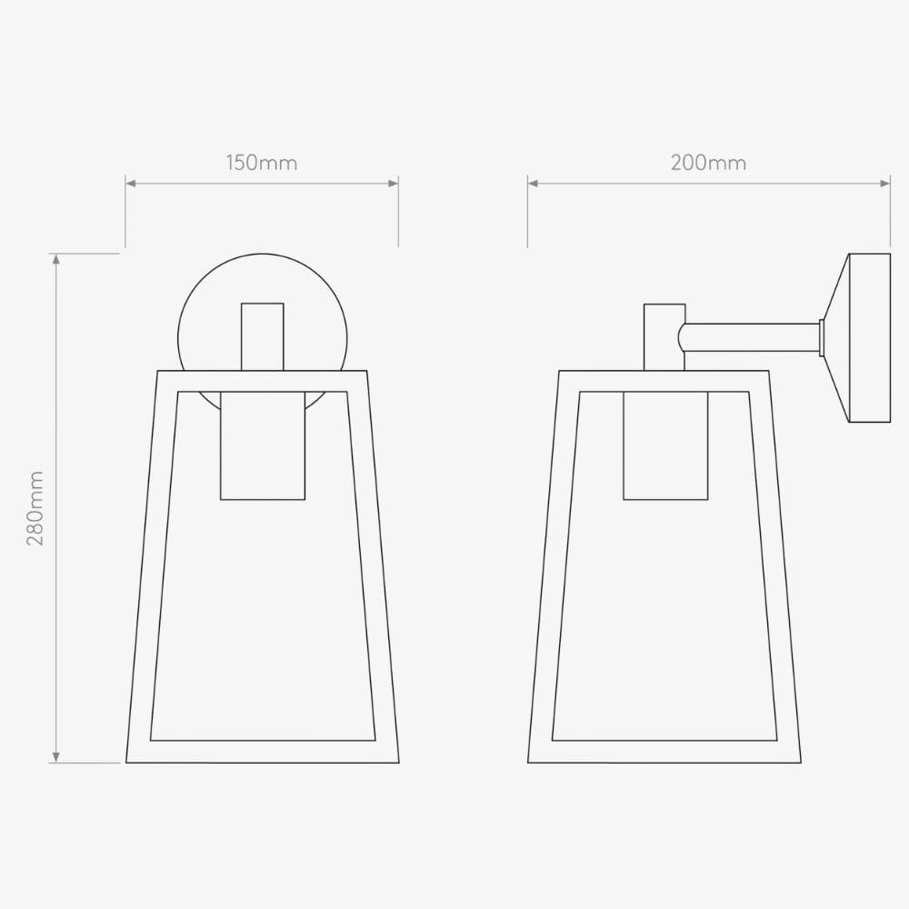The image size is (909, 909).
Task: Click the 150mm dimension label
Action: tap(262, 164)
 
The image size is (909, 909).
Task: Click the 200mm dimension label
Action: tap(708, 164)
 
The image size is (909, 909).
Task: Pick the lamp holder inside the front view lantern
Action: tap(263, 445)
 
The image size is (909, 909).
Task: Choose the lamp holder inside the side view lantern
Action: tap(664, 445)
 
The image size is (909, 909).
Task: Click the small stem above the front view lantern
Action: tap(263, 336)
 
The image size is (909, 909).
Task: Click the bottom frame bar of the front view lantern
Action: tap(263, 752)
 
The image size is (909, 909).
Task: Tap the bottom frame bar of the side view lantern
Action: tap(664, 752)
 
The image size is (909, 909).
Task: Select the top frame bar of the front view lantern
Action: tap(263, 381)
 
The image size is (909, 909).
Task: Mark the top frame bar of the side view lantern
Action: tap(664, 381)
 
